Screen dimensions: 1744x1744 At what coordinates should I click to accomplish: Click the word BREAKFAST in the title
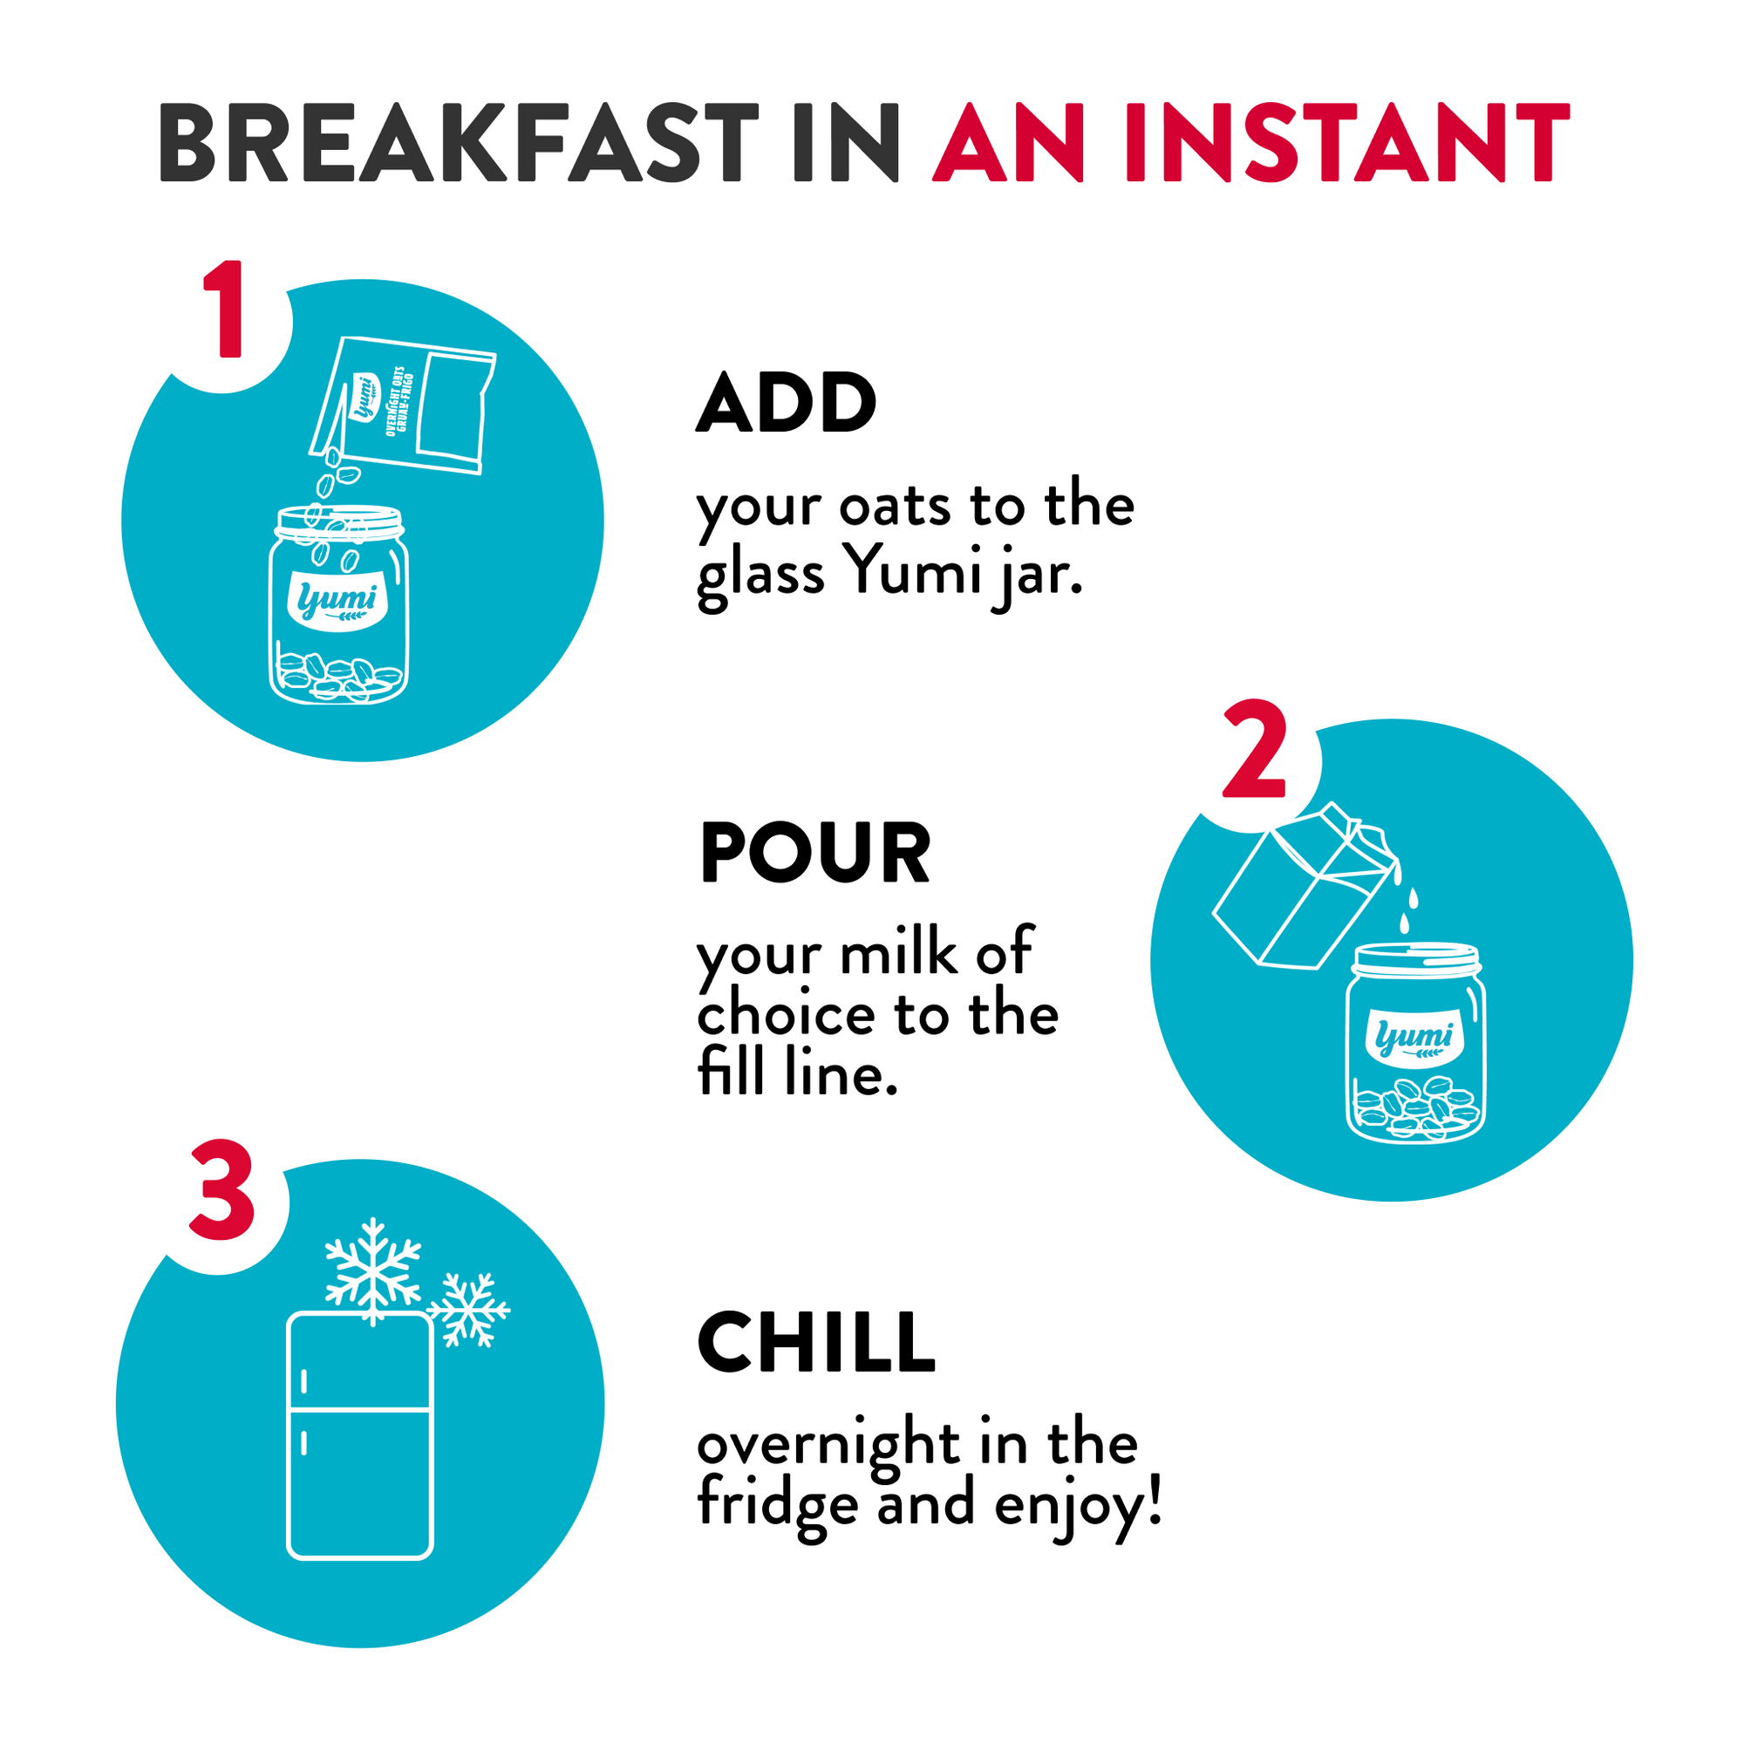pos(459,143)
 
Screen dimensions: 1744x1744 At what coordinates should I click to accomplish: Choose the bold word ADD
pos(787,403)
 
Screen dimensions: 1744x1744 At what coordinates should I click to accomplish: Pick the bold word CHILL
pos(817,1342)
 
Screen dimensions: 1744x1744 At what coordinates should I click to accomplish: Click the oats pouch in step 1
pos(403,405)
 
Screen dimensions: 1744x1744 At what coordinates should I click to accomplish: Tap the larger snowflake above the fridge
pos(373,1272)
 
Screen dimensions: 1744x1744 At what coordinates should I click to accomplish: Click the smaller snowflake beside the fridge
pos(468,1310)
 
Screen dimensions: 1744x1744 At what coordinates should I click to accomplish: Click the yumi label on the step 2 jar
pos(1414,1038)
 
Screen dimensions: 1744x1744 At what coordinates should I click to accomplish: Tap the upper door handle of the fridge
pos(303,1382)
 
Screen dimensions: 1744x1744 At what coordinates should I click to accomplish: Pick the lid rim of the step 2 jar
pos(1415,958)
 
